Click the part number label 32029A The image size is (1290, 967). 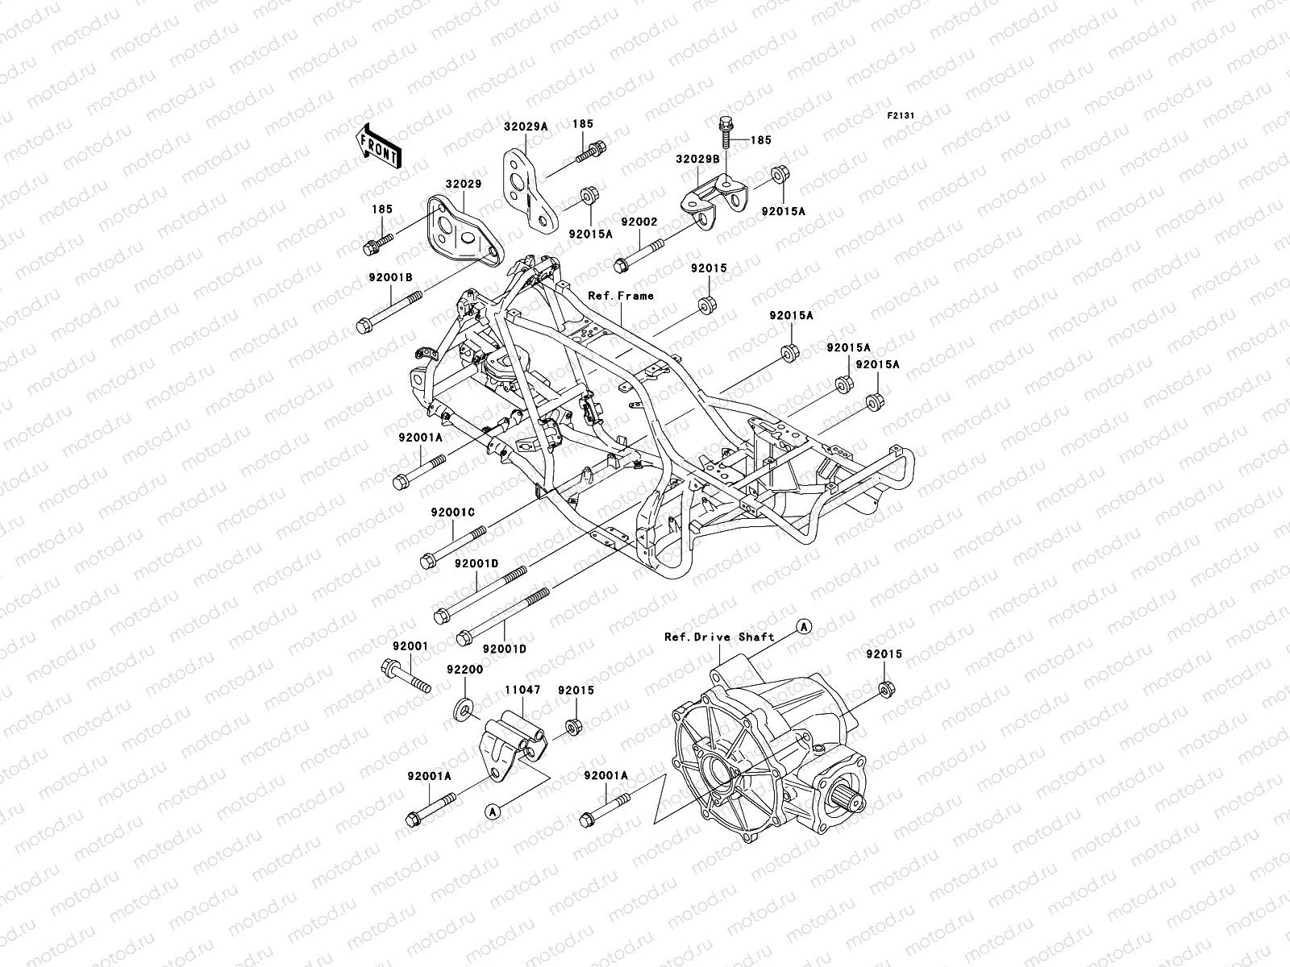tap(526, 126)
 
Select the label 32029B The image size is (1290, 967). tap(698, 159)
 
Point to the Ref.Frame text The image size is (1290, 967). tap(621, 296)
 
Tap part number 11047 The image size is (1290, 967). tap(522, 691)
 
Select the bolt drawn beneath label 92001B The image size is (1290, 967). tap(389, 312)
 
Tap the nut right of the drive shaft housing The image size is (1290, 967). tap(884, 689)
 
